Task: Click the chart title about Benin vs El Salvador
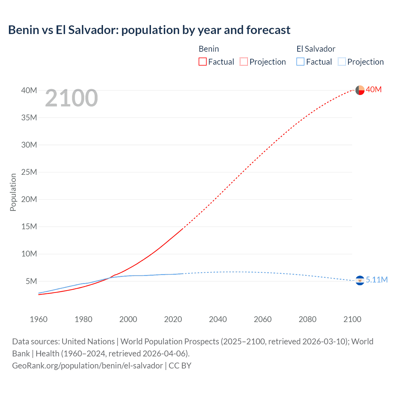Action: [149, 30]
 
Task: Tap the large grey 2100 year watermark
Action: [71, 98]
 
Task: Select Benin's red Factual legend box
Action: [202, 62]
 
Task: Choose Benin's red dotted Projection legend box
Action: [244, 62]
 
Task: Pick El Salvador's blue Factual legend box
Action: [300, 62]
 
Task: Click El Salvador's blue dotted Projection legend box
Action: [342, 62]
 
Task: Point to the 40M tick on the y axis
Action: [29, 90]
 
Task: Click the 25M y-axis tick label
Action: [29, 172]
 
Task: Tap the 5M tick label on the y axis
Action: [31, 281]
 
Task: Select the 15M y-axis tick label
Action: [29, 226]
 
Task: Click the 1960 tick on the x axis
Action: [39, 319]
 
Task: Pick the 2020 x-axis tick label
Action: [173, 319]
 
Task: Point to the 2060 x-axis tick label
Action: [263, 319]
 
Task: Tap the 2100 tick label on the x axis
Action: [352, 319]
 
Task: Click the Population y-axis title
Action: [13, 192]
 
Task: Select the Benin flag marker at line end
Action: [360, 90]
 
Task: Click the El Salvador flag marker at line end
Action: [360, 280]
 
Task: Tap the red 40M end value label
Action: [374, 89]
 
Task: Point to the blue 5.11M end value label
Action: [377, 280]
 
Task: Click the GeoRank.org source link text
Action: [88, 366]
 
